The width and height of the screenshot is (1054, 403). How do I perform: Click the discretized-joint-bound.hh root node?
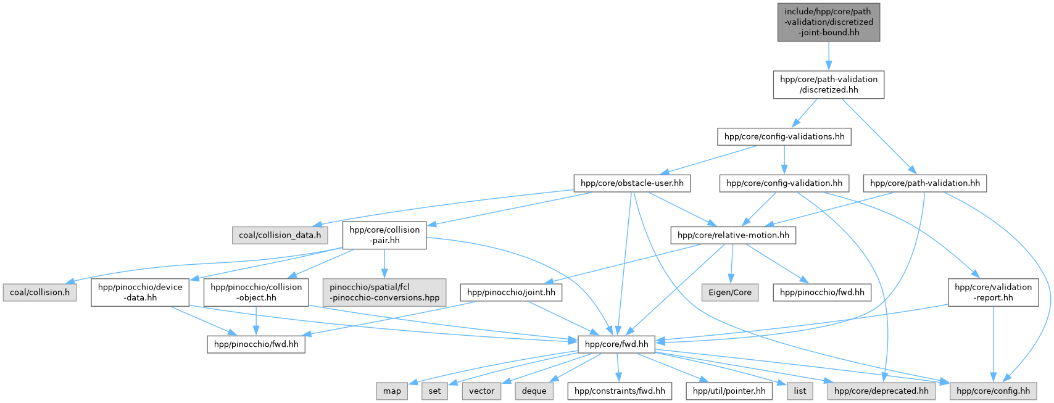(828, 22)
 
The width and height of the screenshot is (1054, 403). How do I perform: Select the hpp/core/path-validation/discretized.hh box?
(828, 85)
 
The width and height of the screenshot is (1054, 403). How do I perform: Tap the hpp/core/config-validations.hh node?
(784, 136)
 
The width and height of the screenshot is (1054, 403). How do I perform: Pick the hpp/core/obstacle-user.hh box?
(632, 183)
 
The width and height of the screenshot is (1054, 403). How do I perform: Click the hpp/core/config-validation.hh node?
(784, 183)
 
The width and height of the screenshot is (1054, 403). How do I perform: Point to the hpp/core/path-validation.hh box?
(924, 183)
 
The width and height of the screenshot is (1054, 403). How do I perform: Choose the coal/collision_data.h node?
(280, 235)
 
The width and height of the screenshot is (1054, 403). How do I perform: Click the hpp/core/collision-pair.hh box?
(384, 235)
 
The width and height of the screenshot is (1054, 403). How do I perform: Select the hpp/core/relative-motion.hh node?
(733, 235)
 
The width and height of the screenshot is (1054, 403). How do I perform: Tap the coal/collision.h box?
(39, 293)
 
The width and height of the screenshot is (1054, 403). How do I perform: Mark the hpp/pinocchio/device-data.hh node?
(140, 293)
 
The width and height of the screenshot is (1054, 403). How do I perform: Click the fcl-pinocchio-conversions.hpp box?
(384, 293)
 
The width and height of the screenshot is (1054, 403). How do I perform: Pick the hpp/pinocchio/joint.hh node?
(511, 293)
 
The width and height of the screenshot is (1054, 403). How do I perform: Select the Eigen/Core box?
(729, 293)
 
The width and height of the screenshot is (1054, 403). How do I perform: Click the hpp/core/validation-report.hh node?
(993, 293)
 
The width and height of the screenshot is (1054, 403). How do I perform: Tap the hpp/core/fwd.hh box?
(616, 344)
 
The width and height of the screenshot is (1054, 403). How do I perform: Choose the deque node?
(534, 391)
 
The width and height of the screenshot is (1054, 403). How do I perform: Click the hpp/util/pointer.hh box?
(729, 391)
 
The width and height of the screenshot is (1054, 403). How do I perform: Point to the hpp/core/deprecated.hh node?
(881, 391)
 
